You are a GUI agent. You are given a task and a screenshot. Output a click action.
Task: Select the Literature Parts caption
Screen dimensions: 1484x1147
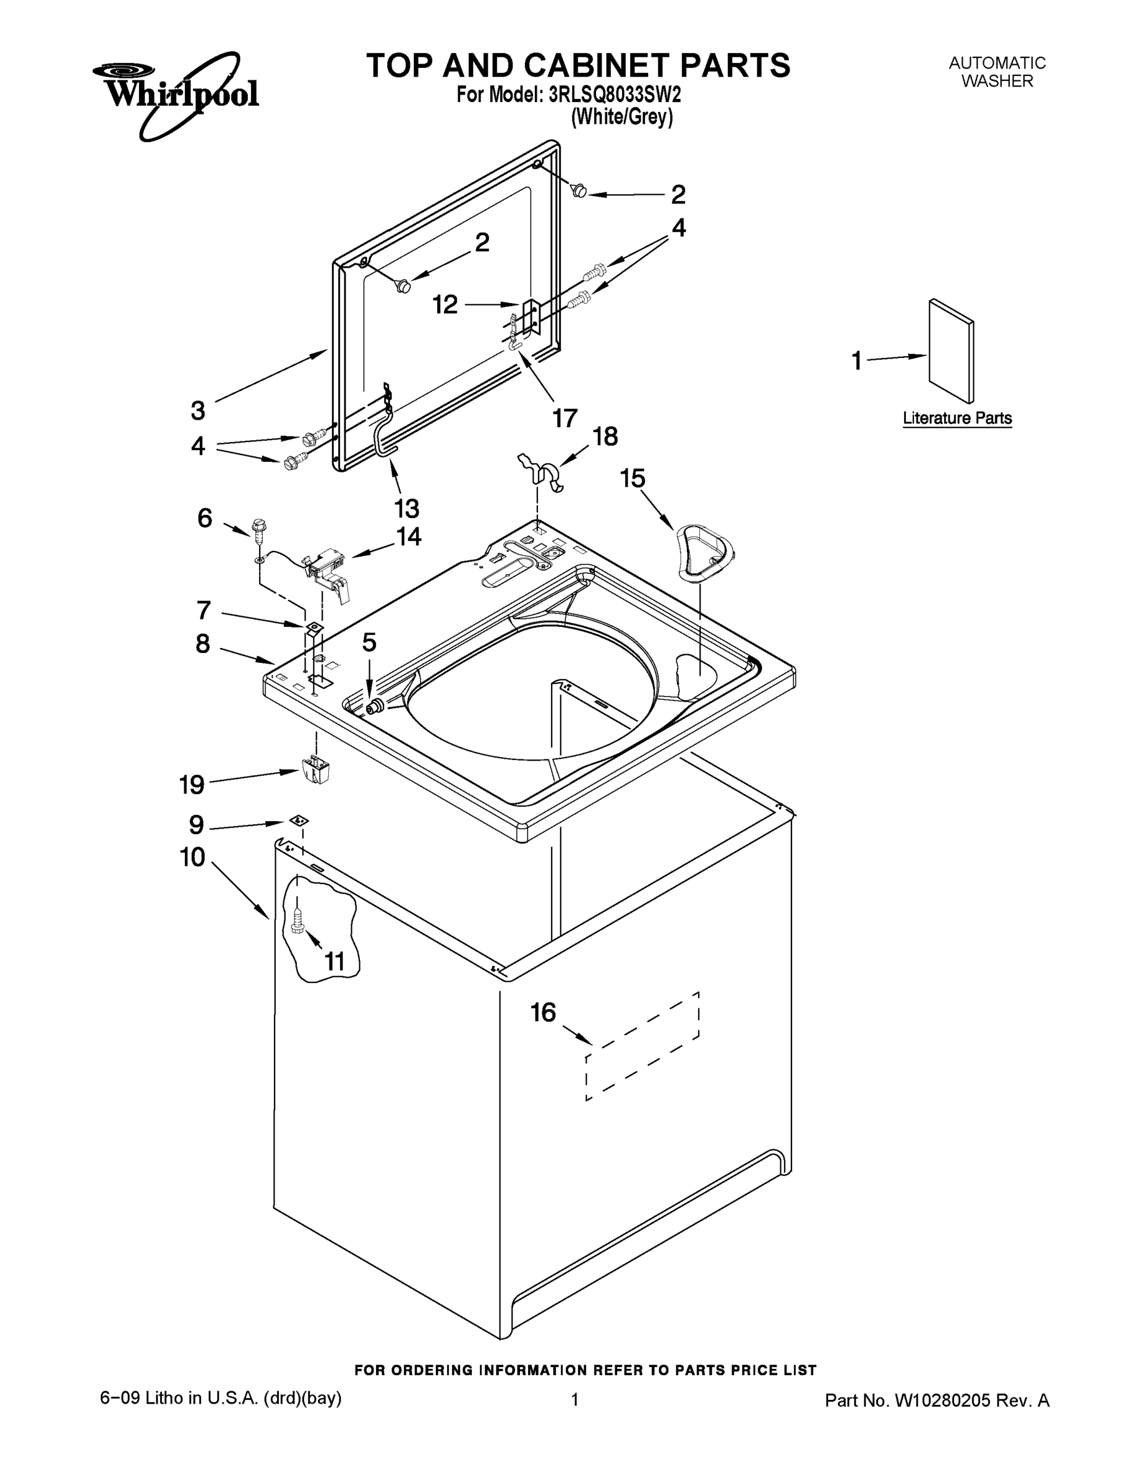point(957,419)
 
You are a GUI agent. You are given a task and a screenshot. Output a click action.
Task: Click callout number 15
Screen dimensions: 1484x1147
point(632,479)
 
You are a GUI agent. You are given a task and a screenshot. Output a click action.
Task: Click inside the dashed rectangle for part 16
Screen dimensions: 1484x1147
point(642,1046)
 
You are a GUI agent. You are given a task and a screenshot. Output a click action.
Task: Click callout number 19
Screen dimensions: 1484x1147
point(192,785)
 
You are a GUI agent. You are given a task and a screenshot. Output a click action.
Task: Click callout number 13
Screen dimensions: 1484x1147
point(407,508)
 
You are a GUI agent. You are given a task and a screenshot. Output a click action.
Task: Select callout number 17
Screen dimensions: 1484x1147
point(565,418)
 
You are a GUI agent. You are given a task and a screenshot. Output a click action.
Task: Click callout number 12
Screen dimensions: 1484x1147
point(445,304)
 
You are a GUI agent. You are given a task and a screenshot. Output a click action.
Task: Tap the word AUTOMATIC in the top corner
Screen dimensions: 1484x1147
point(997,63)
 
